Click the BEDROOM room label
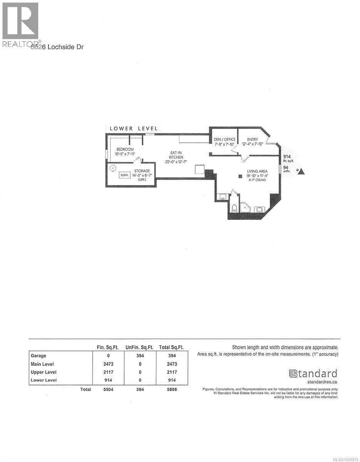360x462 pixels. (x=125, y=149)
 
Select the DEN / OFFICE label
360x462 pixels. (x=224, y=139)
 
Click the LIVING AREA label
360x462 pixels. (x=257, y=171)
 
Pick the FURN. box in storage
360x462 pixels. (x=124, y=175)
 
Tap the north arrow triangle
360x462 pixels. (x=301, y=171)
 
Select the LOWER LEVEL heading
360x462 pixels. (x=133, y=128)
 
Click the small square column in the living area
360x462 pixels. (x=239, y=176)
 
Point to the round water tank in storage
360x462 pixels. (x=113, y=168)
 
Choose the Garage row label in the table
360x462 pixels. (x=38, y=356)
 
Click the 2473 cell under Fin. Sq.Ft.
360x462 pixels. (x=108, y=364)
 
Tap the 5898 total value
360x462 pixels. (x=171, y=389)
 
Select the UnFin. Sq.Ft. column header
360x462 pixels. (x=139, y=347)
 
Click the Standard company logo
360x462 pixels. (x=313, y=373)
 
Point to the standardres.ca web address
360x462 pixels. (x=323, y=382)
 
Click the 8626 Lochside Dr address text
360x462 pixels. (x=57, y=47)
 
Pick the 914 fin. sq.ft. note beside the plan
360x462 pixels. (x=287, y=158)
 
